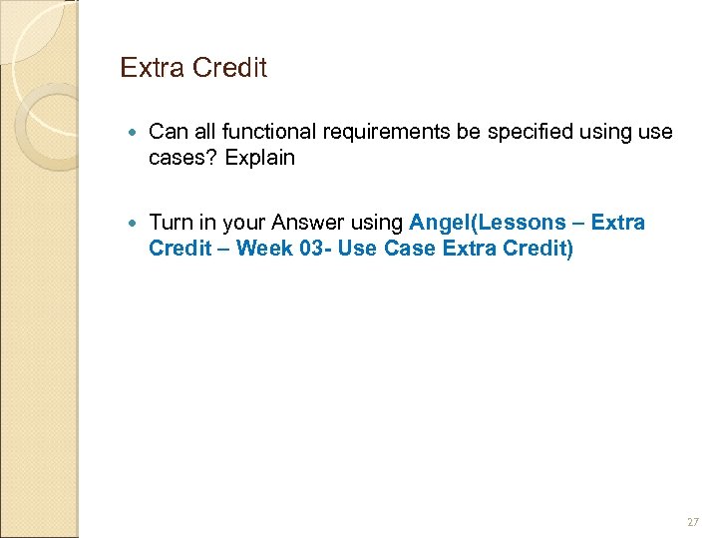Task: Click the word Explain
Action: pos(260,158)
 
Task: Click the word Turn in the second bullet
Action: pos(170,222)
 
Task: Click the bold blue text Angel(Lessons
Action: pos(488,222)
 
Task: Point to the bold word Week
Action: pos(264,248)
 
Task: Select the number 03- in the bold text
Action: pos(315,248)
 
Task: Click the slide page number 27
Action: pos(693,520)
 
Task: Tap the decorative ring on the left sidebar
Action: pos(40,125)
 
